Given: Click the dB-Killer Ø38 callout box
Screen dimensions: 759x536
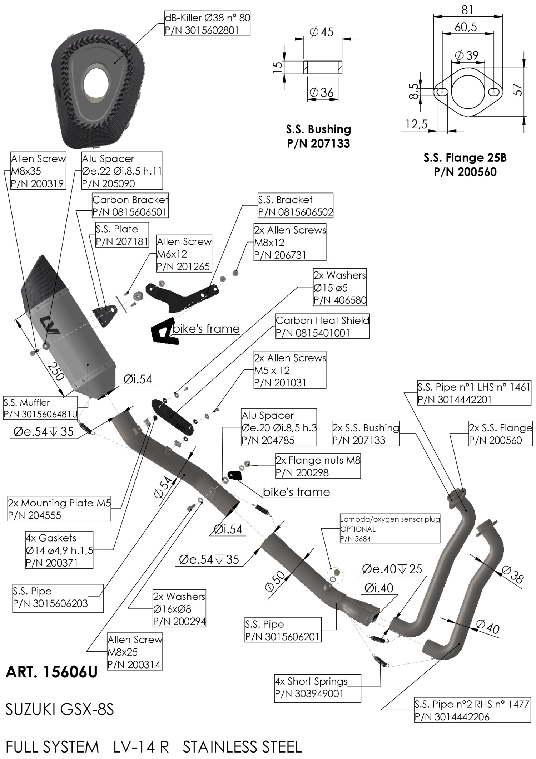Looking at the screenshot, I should tap(207, 24).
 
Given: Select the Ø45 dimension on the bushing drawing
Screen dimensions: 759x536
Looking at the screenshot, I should tap(322, 32).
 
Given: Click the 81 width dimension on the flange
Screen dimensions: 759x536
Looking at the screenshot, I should tap(467, 10).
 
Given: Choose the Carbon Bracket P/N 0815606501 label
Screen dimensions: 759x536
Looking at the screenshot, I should tap(130, 206).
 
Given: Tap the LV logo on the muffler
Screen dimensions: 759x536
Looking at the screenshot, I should tap(50, 325).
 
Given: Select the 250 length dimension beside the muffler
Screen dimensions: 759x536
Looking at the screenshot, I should tap(55, 372).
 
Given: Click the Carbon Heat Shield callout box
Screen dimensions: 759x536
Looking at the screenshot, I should tap(322, 327).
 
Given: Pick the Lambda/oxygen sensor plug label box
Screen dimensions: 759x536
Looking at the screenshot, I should tap(390, 529).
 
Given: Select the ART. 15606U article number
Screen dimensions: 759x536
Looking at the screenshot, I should tap(51, 672).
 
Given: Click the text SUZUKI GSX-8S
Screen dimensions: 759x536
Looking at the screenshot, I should tap(60, 709).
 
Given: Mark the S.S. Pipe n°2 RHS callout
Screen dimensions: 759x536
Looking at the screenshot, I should tap(472, 710).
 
